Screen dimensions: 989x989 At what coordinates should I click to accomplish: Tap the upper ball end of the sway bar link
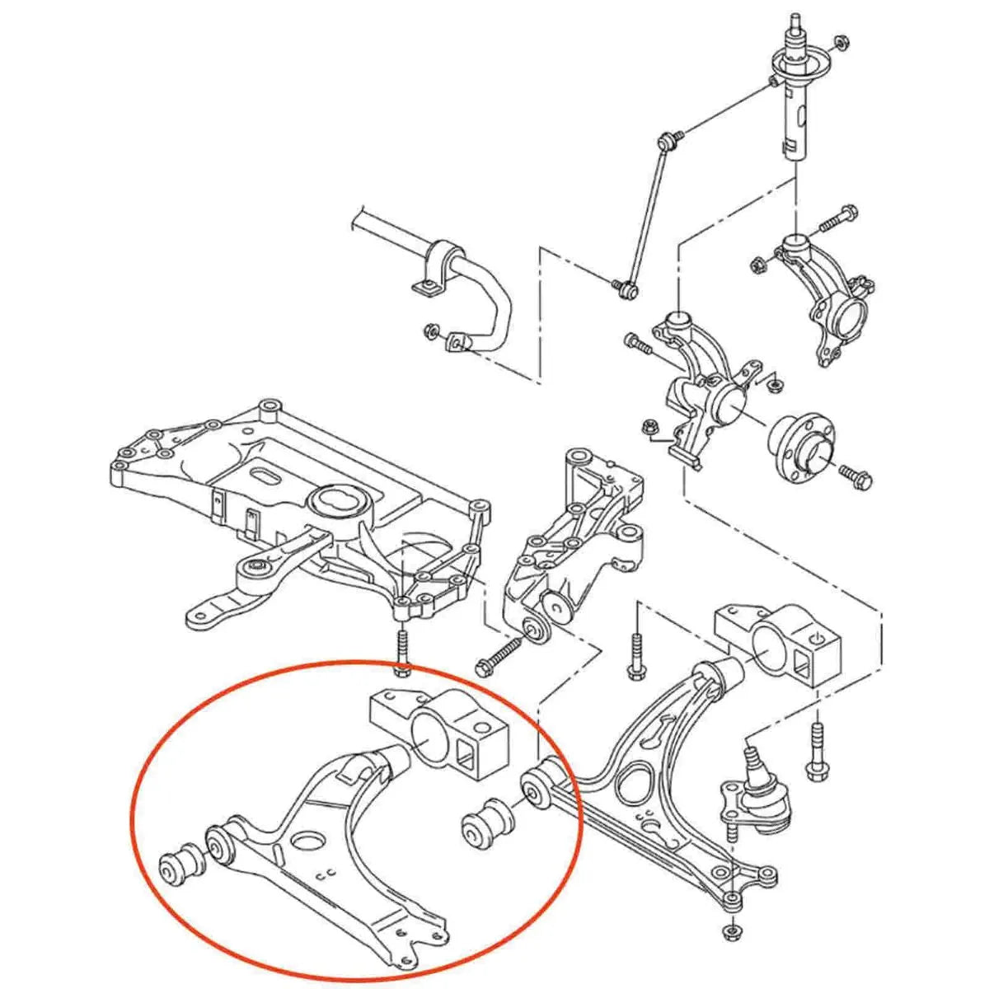[x=668, y=138]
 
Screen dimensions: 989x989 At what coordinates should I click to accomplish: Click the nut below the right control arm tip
[x=729, y=932]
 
